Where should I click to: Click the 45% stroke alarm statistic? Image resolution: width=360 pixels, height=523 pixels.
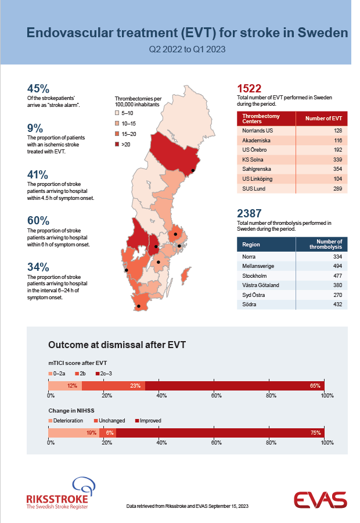tap(38, 89)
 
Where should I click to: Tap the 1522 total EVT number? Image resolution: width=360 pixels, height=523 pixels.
tap(249, 89)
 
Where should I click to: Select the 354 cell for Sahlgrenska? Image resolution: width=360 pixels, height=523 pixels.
tap(338, 169)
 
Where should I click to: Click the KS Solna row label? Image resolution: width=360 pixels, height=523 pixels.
tap(253, 159)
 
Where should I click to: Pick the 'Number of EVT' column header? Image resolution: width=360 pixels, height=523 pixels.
tap(323, 119)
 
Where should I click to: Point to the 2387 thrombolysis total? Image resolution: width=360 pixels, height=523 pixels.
tap(249, 213)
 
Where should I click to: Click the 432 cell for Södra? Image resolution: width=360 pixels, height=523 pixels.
tap(338, 304)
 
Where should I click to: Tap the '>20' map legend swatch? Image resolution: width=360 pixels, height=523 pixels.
tap(117, 145)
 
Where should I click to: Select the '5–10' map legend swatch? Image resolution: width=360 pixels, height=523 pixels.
tap(117, 113)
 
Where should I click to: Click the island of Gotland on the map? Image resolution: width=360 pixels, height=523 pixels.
tap(186, 275)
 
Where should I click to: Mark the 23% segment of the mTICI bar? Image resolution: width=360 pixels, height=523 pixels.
tap(114, 386)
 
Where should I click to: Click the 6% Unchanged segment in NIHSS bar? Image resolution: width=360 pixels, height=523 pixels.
tap(107, 433)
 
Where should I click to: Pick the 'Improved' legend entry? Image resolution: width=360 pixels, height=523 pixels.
tap(148, 421)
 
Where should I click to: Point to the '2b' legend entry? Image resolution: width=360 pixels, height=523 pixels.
tap(80, 374)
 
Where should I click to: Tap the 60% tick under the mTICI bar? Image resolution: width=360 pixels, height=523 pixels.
tap(216, 396)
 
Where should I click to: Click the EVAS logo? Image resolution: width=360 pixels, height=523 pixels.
tap(321, 500)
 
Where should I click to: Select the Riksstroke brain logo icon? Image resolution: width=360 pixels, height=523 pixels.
tap(84, 486)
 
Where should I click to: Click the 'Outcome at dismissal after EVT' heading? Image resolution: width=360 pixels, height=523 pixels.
tap(117, 345)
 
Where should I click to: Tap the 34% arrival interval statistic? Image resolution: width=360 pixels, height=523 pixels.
tap(38, 267)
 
